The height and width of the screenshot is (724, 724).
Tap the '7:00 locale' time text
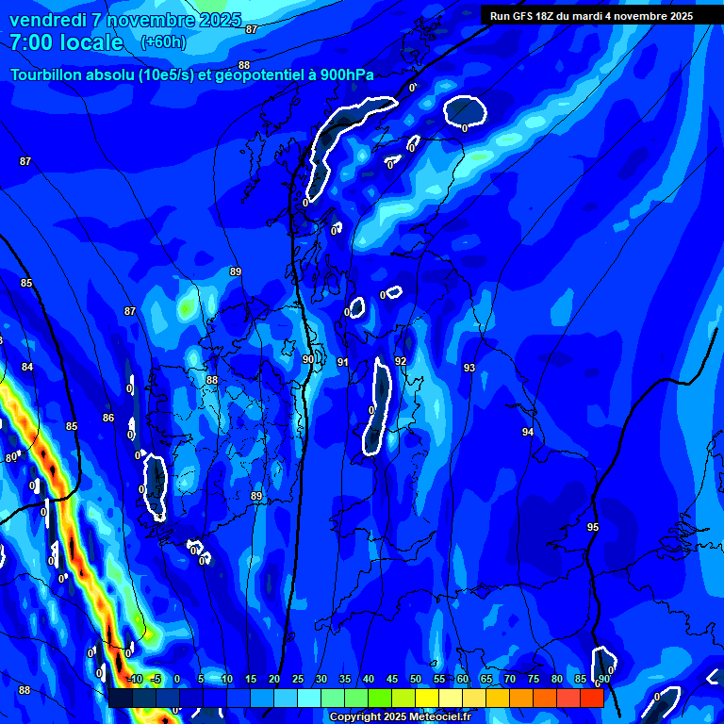66,42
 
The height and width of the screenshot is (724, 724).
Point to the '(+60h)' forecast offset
163,42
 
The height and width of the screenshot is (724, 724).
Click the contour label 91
343,362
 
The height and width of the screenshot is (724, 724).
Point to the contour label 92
401,361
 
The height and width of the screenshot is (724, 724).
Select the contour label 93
469,368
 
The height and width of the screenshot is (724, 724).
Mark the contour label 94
528,432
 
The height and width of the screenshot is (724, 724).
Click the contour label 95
592,527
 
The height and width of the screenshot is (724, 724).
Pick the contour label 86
108,418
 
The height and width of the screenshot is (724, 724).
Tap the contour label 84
27,367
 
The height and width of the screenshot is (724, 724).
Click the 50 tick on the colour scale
416,680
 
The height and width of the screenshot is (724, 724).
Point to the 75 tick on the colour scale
534,680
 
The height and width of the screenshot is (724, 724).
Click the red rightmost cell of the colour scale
591,698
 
